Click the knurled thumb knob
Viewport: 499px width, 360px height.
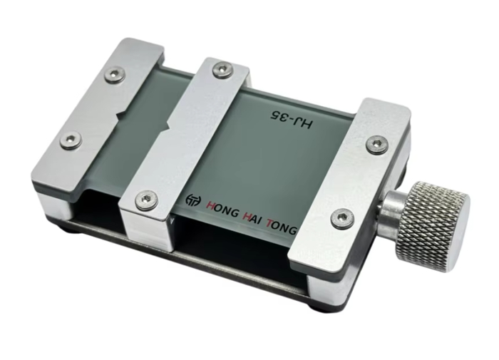[433, 227]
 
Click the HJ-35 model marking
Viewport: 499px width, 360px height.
[291, 119]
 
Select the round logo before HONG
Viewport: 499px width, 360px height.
[193, 200]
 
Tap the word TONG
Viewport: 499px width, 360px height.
[282, 227]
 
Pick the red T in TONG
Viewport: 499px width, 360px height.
[270, 223]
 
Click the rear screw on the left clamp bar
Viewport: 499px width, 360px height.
[115, 75]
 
